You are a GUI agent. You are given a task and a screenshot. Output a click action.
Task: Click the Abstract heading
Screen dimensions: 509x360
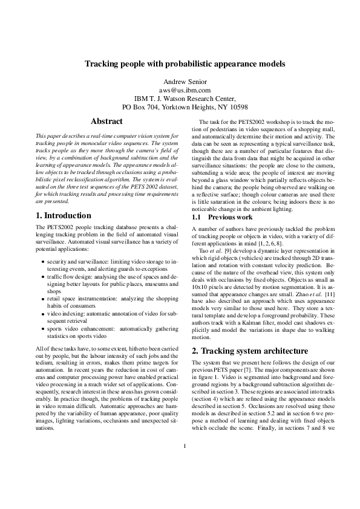(x=106, y=122)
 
